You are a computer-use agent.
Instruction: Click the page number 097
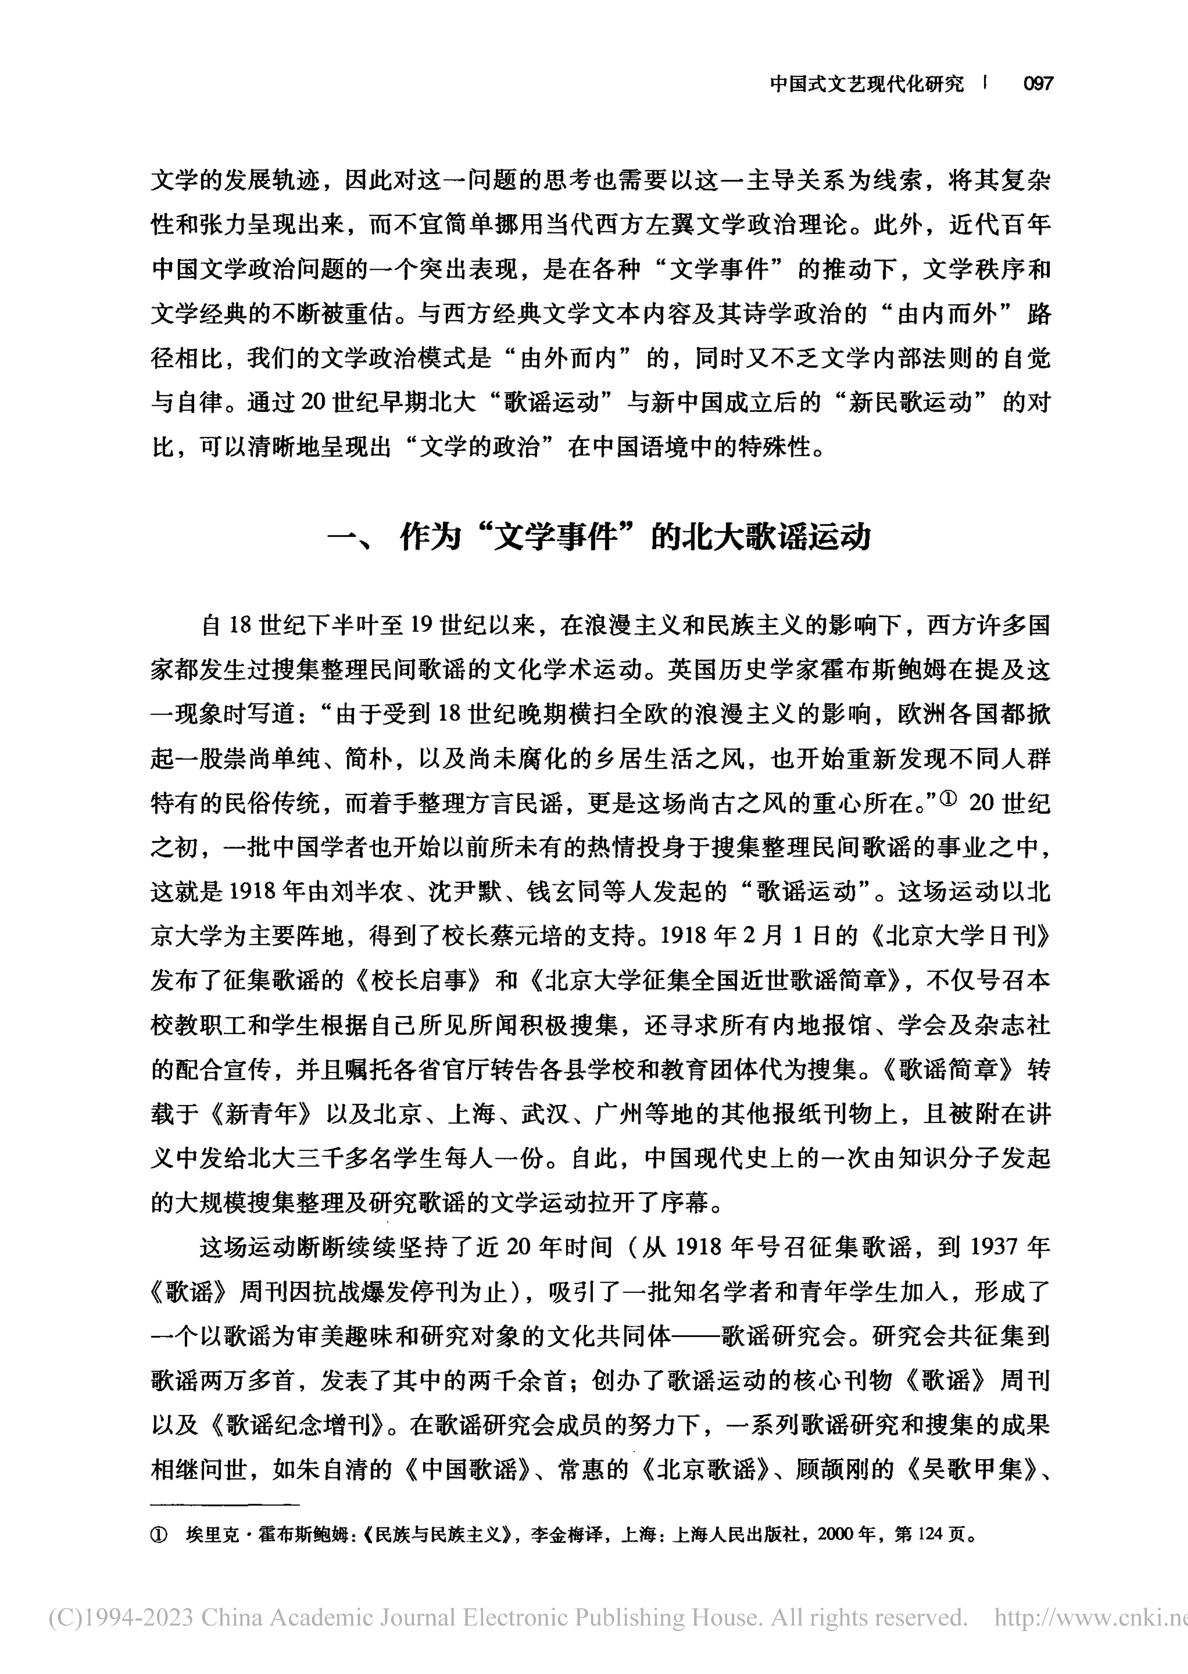tap(1037, 84)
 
